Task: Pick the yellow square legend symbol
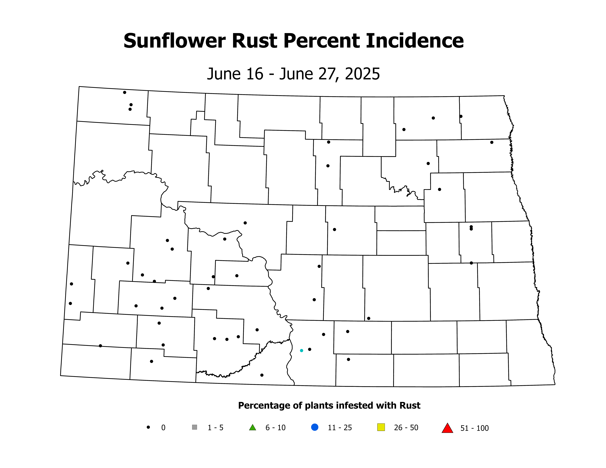(381, 427)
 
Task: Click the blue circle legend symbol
(315, 427)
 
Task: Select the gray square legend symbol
(194, 427)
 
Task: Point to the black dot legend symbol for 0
(148, 427)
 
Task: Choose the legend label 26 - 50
(406, 428)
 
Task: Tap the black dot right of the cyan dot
(310, 349)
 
